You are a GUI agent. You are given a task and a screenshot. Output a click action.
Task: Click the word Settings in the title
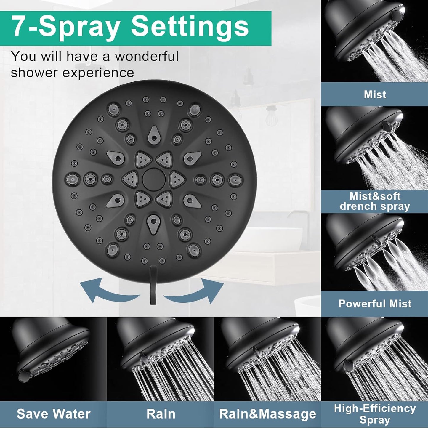click(x=190, y=28)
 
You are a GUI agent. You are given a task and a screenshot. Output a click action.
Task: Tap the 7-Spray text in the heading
click(x=67, y=28)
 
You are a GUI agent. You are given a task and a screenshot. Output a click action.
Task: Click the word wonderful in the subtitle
click(x=147, y=56)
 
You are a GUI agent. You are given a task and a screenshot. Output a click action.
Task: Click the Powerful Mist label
click(x=375, y=303)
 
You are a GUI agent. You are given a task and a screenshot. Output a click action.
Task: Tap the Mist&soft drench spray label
click(x=375, y=201)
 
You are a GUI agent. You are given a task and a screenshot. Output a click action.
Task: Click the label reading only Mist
click(x=375, y=94)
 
